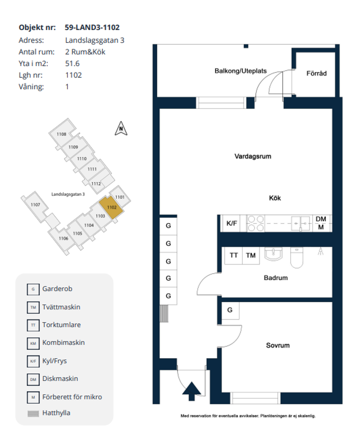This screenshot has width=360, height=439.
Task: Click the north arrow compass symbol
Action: pyautogui.click(x=121, y=129)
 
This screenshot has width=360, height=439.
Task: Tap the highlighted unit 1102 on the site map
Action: pyautogui.click(x=111, y=207)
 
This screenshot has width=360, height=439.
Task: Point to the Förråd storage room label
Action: pyautogui.click(x=316, y=73)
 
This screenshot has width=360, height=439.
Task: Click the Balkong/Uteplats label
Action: pyautogui.click(x=240, y=71)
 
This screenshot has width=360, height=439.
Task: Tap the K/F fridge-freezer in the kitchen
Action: pyautogui.click(x=231, y=223)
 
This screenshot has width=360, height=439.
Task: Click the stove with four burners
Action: pyautogui.click(x=256, y=224)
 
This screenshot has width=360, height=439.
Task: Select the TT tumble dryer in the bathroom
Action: pyautogui.click(x=234, y=255)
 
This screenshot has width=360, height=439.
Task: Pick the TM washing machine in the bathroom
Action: pyautogui.click(x=251, y=255)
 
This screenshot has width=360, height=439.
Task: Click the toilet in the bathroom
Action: pyautogui.click(x=297, y=257)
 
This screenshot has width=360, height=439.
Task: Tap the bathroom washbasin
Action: pyautogui.click(x=273, y=254)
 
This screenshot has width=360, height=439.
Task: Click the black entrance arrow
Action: pyautogui.click(x=192, y=391)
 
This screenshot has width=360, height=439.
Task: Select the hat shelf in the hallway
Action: pyautogui.click(x=164, y=313)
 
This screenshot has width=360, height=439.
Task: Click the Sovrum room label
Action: pyautogui.click(x=278, y=345)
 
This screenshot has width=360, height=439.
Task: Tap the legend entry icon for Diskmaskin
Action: pyautogui.click(x=33, y=380)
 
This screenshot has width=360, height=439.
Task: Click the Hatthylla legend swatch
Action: pyautogui.click(x=33, y=413)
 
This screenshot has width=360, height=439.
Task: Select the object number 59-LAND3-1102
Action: pyautogui.click(x=92, y=27)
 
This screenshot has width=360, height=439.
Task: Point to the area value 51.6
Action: pyautogui.click(x=72, y=63)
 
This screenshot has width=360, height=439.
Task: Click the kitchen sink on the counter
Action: pyautogui.click(x=301, y=224)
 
